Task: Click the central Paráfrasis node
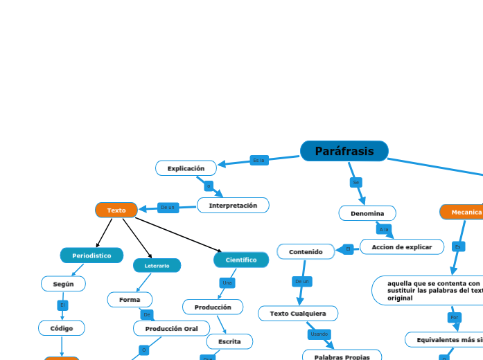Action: tap(344, 151)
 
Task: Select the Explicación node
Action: tap(186, 168)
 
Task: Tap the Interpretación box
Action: tap(233, 205)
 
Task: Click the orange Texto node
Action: tap(116, 210)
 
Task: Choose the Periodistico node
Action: tap(91, 255)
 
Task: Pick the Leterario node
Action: tap(157, 265)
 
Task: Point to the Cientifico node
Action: tap(241, 260)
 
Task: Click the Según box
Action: tap(63, 284)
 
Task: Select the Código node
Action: tap(62, 327)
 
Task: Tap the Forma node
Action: tap(130, 300)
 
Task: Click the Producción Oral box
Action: tap(171, 328)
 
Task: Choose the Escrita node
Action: tap(229, 341)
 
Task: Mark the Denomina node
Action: tap(367, 213)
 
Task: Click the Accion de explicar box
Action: tap(402, 246)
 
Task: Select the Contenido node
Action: tap(306, 251)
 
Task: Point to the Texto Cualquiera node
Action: tap(298, 314)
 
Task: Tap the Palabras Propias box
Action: tap(342, 357)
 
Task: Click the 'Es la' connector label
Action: tap(259, 160)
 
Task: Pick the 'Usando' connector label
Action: tap(319, 334)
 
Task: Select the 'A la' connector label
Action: tap(384, 229)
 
